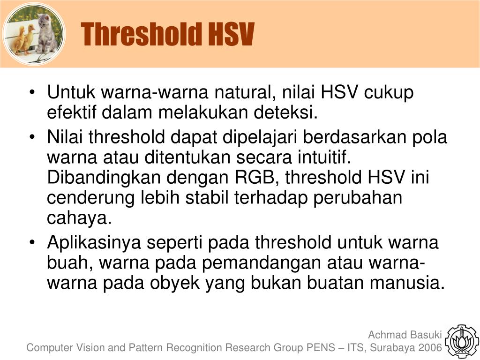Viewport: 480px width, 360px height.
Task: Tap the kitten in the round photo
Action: tap(47, 33)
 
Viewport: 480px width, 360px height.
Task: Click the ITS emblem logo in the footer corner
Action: tap(462, 341)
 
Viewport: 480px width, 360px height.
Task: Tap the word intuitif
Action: tap(324, 157)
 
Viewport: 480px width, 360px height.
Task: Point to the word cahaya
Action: tap(79, 218)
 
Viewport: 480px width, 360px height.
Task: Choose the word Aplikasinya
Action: tap(94, 242)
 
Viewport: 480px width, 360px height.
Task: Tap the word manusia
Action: tap(407, 283)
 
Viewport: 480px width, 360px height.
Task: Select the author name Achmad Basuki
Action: tap(405, 335)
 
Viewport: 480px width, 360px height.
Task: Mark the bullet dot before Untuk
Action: tap(32, 92)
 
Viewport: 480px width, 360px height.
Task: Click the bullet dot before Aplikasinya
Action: tap(32, 242)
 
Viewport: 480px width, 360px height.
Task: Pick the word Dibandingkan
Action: tap(104, 178)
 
